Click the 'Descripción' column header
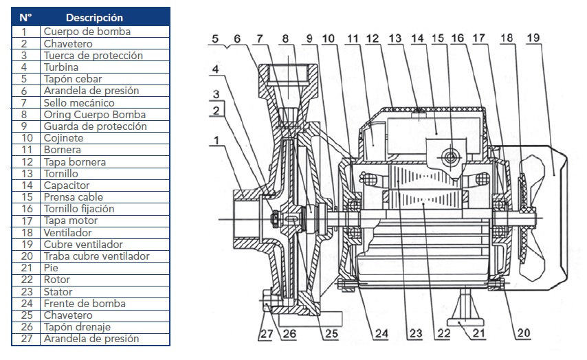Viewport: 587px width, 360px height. (x=94, y=17)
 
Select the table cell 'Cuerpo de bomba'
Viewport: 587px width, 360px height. (x=87, y=32)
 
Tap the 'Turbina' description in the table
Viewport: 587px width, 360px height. (x=61, y=67)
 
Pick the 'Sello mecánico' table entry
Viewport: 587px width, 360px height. (x=76, y=102)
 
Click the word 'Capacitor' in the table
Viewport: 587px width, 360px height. (x=67, y=185)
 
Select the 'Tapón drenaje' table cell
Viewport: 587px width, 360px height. (x=77, y=327)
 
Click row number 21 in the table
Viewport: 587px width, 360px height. (x=25, y=268)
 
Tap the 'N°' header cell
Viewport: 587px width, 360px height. (x=25, y=17)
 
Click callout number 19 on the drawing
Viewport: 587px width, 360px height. (x=533, y=38)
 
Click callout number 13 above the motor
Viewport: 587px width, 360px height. (x=395, y=38)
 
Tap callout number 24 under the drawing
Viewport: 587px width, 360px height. (x=381, y=334)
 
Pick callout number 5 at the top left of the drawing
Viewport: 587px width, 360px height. (x=216, y=38)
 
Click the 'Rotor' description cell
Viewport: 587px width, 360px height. (x=57, y=280)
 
